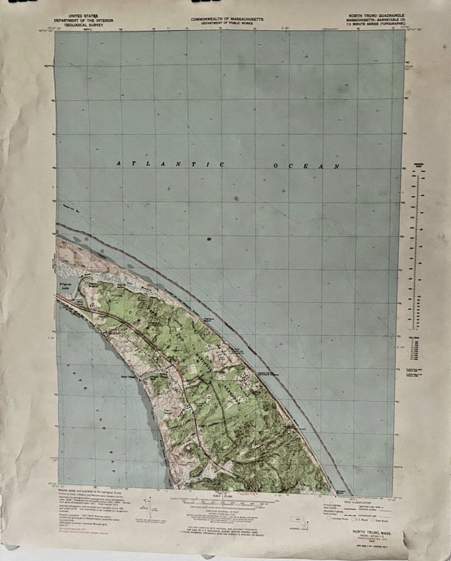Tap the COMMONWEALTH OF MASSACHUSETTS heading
click(226, 19)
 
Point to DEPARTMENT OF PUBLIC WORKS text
click(226, 23)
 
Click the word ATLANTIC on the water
click(170, 164)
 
